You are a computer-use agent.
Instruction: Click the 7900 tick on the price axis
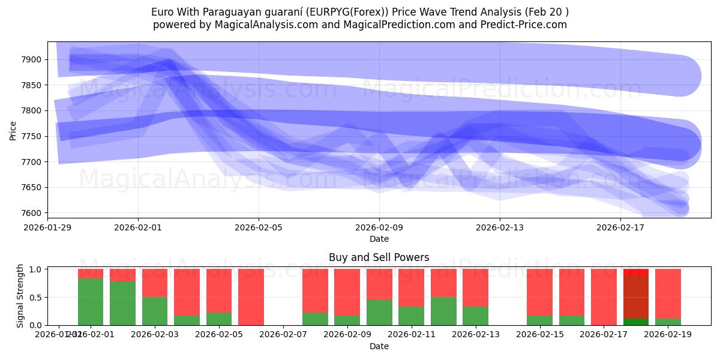click(33, 59)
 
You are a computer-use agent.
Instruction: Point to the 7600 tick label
click(33, 213)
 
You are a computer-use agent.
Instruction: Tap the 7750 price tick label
click(33, 136)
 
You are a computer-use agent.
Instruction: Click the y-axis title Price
click(13, 130)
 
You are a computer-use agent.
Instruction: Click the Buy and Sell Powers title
click(379, 257)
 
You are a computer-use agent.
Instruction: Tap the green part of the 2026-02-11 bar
click(411, 316)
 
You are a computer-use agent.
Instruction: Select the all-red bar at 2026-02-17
click(604, 297)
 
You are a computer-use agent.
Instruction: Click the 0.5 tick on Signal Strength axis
click(36, 297)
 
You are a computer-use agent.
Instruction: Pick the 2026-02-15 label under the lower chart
click(539, 334)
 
